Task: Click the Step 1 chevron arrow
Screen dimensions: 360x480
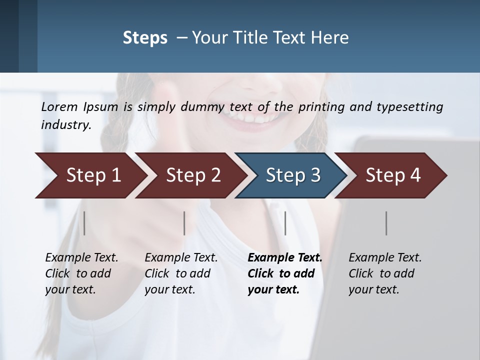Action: [x=90, y=175]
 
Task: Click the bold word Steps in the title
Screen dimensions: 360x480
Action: [x=145, y=37]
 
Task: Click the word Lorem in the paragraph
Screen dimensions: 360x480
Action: [x=59, y=106]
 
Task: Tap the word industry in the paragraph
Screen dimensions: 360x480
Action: [x=65, y=125]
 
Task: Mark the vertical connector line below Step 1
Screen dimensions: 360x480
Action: [x=84, y=223]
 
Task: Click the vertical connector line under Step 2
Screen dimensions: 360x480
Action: [x=184, y=223]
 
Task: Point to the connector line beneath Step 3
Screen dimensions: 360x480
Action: [x=285, y=223]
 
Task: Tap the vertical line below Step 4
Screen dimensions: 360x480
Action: [x=386, y=223]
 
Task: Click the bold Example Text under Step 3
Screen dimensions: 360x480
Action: [x=285, y=258]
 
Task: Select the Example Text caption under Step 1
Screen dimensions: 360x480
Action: [x=81, y=258]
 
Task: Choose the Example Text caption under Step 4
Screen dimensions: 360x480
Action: [x=385, y=258]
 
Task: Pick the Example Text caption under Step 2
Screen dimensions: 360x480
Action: [x=181, y=258]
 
